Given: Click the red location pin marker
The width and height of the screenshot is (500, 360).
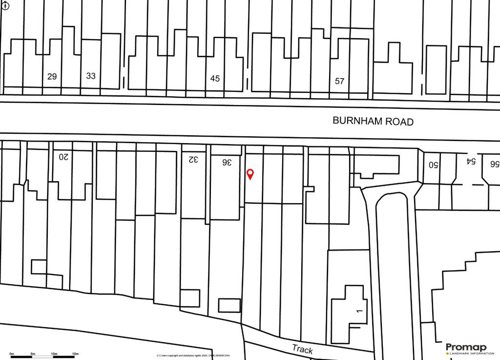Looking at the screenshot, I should [x=250, y=174].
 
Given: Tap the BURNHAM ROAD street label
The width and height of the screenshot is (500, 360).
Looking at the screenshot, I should [x=373, y=121].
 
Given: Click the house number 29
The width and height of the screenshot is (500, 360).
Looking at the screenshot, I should [x=52, y=76].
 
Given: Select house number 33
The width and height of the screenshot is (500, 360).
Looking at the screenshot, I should [x=91, y=76].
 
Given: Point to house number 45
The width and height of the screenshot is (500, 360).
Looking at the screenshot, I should [x=215, y=78].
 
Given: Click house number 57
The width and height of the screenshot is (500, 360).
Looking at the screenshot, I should [x=340, y=81].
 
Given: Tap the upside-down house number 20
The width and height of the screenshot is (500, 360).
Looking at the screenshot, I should [x=64, y=157].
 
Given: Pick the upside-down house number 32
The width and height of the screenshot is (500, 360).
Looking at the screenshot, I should [x=194, y=159].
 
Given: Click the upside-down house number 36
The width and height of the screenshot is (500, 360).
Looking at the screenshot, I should [x=226, y=162].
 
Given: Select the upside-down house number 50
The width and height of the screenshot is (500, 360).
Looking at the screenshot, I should [x=434, y=165].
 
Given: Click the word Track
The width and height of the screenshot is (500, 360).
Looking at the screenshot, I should [x=302, y=349].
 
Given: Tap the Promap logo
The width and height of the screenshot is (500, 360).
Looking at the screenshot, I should [x=466, y=347].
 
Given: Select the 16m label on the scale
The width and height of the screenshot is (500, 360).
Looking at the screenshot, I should [x=75, y=353].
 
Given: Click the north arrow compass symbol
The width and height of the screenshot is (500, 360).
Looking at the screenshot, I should [x=5, y=6].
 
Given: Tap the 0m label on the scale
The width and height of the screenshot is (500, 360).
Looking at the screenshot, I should [x=12, y=353].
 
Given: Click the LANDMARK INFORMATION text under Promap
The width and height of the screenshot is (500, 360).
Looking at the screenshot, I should [x=468, y=353].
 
